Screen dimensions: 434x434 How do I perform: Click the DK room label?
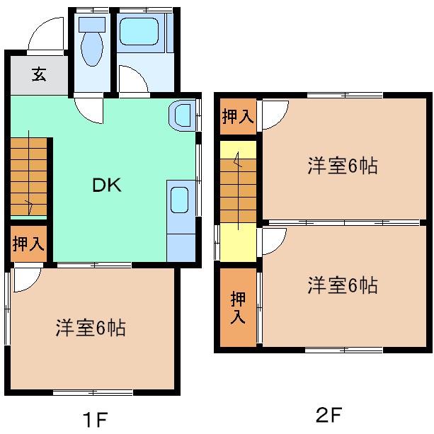coord(107,186)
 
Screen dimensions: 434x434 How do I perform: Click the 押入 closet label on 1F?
coord(28,245)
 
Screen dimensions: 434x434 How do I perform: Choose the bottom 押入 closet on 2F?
coord(238,309)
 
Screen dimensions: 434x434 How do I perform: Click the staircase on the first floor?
coord(28,176)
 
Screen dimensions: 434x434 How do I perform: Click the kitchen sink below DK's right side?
coord(180,200)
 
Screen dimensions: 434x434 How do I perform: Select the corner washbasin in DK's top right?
coord(181,115)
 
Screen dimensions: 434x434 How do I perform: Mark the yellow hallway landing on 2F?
coord(239,244)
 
